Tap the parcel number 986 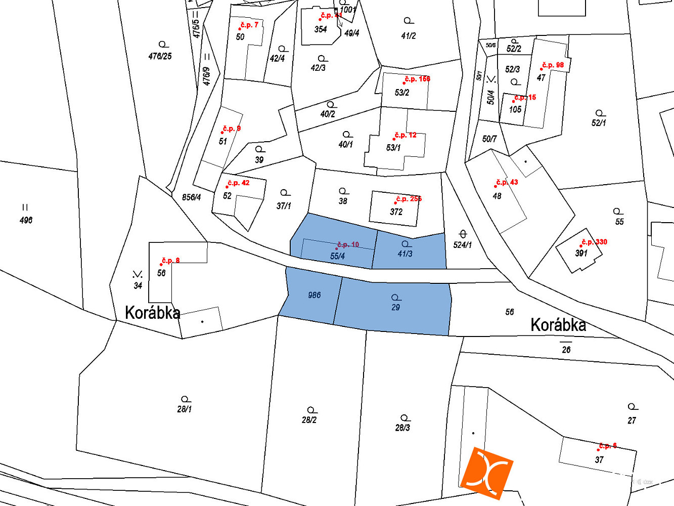[x=314, y=295]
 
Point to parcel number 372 [x=396, y=212]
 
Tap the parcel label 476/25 [x=160, y=56]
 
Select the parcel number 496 [x=26, y=220]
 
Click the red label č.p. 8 [x=170, y=261]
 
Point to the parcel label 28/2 [x=309, y=419]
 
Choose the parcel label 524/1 [x=462, y=245]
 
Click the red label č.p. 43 [x=507, y=182]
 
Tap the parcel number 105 [x=515, y=109]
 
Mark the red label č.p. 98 [x=553, y=65]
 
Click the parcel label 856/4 [x=192, y=197]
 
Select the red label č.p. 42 [x=238, y=183]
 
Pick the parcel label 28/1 [x=185, y=409]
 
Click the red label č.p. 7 [x=249, y=25]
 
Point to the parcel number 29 [x=395, y=307]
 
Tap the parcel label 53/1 [x=393, y=148]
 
